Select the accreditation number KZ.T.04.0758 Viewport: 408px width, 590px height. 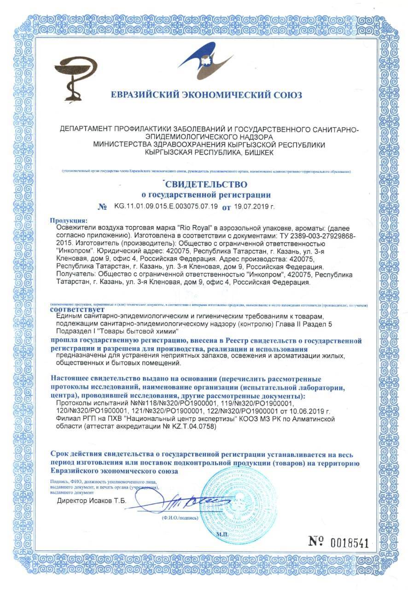point(189,427)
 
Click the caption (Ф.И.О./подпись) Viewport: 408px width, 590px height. point(180,518)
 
